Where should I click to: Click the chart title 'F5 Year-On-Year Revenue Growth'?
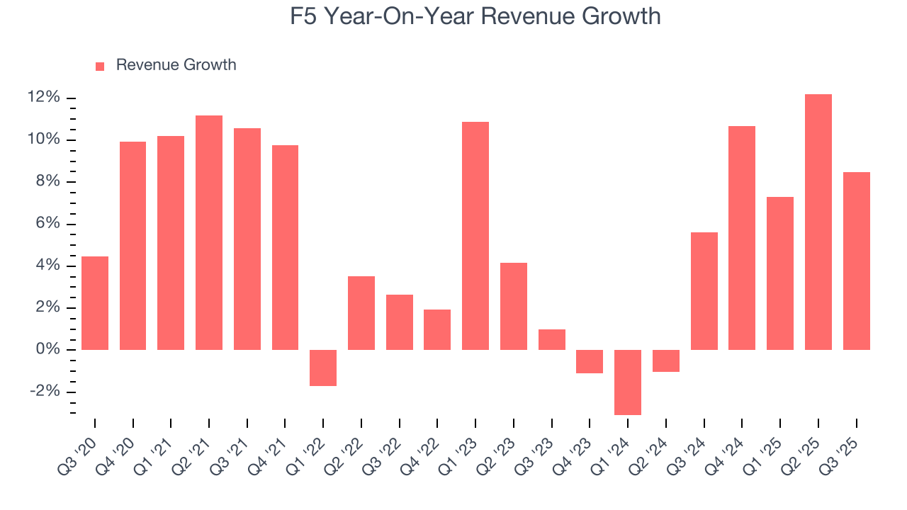pyautogui.click(x=475, y=16)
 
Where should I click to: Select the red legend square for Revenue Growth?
pyautogui.click(x=100, y=66)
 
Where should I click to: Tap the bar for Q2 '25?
pyautogui.click(x=818, y=222)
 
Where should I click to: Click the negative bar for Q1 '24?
pyautogui.click(x=628, y=382)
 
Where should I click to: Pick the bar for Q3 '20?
pyautogui.click(x=95, y=303)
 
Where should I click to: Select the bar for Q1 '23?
pyautogui.click(x=475, y=236)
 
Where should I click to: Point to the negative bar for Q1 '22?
pyautogui.click(x=323, y=368)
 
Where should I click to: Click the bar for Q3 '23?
pyautogui.click(x=551, y=339)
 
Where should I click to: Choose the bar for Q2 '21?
pyautogui.click(x=209, y=232)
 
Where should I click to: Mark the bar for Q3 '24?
pyautogui.click(x=704, y=291)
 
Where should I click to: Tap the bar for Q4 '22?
pyautogui.click(x=437, y=329)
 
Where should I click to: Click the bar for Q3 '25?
pyautogui.click(x=856, y=261)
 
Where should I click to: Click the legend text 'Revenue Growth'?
pyautogui.click(x=176, y=65)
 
